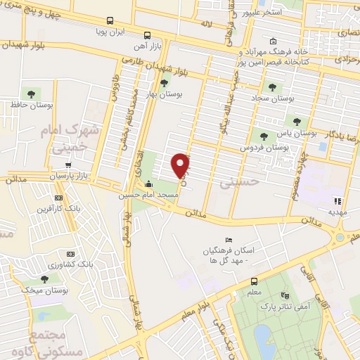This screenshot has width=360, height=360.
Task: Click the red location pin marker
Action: (181, 165)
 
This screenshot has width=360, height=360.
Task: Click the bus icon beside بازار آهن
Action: (146, 35)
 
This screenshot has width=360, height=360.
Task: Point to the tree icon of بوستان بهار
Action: (164, 83)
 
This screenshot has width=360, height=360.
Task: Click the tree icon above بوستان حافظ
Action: (31, 93)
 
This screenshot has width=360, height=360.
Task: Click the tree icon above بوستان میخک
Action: (44, 278)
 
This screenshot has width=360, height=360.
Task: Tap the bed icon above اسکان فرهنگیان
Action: (227, 240)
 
